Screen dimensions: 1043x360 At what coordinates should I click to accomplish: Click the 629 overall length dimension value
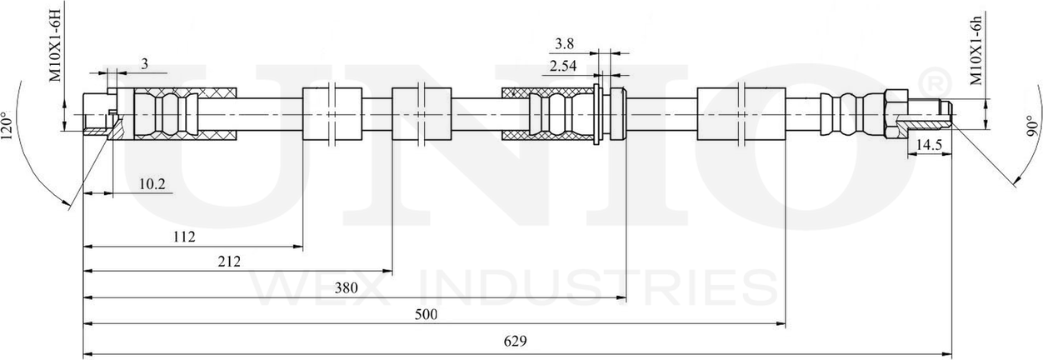coord(515,342)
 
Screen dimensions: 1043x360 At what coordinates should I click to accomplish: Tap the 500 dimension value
coord(426,315)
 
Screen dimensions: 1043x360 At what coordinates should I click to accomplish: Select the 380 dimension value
coord(347,288)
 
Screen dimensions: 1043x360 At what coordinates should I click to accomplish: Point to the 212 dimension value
coord(230,262)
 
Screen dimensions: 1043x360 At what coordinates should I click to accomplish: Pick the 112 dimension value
coord(184,237)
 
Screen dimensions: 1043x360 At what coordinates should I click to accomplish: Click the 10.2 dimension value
coord(152,184)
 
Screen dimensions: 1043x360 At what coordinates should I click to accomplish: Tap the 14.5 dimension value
coord(929,145)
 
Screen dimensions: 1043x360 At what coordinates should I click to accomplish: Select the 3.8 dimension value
coord(564,44)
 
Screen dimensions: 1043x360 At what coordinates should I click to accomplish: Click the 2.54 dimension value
coord(563,66)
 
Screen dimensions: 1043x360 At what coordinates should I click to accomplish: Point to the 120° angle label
coord(7,126)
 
